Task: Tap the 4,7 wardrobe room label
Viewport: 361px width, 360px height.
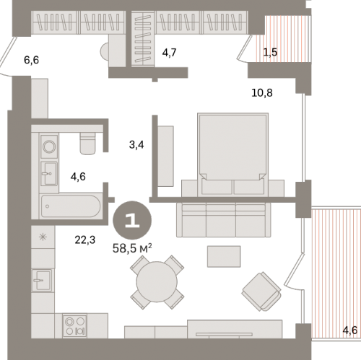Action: tap(169, 52)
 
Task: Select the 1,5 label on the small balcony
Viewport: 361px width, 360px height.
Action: tap(270, 52)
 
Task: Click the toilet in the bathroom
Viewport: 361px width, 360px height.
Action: tap(89, 143)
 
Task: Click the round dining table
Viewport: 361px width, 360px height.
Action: tap(155, 282)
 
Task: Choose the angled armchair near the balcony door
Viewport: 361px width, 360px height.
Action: tap(261, 291)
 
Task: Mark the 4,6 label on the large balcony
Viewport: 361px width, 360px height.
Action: tap(349, 330)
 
